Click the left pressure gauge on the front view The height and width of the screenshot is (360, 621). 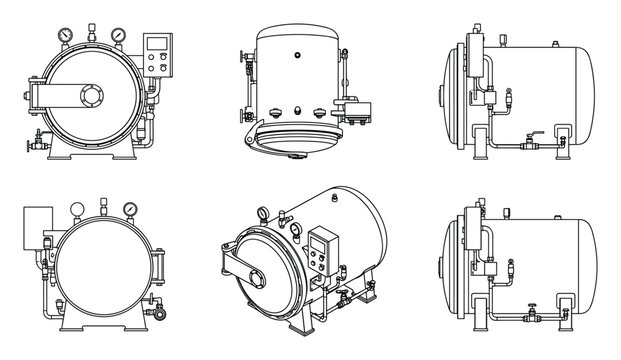(66, 35)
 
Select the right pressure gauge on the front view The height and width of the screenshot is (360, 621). (118, 35)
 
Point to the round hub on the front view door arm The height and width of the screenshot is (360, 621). (93, 97)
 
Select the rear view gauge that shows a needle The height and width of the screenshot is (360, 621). (129, 211)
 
